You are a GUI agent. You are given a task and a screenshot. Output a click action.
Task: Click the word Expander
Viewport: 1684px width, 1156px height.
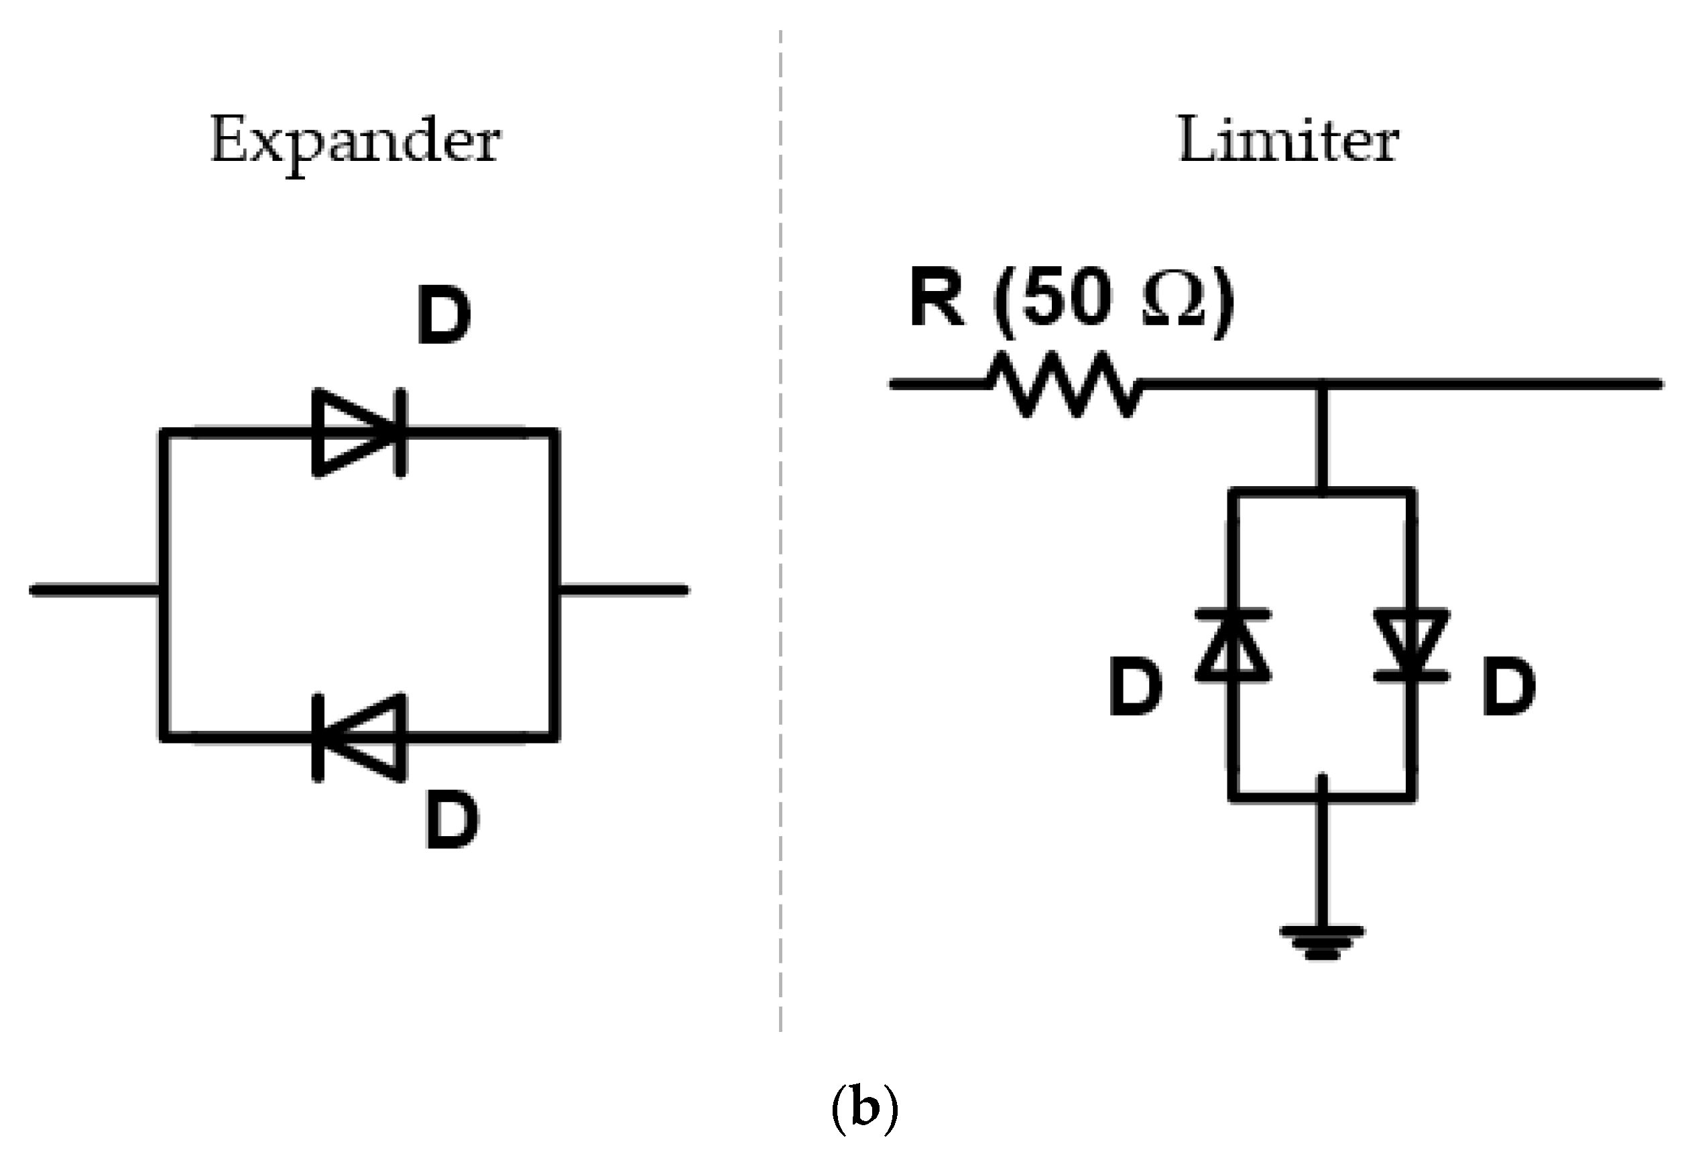[355, 141]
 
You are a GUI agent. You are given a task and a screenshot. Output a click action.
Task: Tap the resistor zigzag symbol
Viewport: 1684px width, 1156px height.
[1063, 385]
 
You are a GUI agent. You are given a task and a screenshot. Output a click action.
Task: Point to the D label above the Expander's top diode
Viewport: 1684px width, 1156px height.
[444, 316]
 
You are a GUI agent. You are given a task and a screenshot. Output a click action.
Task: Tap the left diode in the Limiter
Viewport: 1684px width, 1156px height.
[1233, 645]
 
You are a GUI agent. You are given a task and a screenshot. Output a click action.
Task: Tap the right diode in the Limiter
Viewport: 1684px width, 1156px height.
[1412, 645]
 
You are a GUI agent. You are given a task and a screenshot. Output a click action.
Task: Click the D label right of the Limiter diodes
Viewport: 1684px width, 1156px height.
[1508, 688]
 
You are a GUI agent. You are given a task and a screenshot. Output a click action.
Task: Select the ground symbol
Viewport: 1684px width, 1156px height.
[1323, 943]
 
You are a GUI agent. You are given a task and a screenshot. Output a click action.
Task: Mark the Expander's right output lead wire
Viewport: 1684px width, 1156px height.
[623, 590]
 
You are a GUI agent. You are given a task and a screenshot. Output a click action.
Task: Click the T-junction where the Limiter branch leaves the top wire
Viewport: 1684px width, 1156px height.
[1323, 385]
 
